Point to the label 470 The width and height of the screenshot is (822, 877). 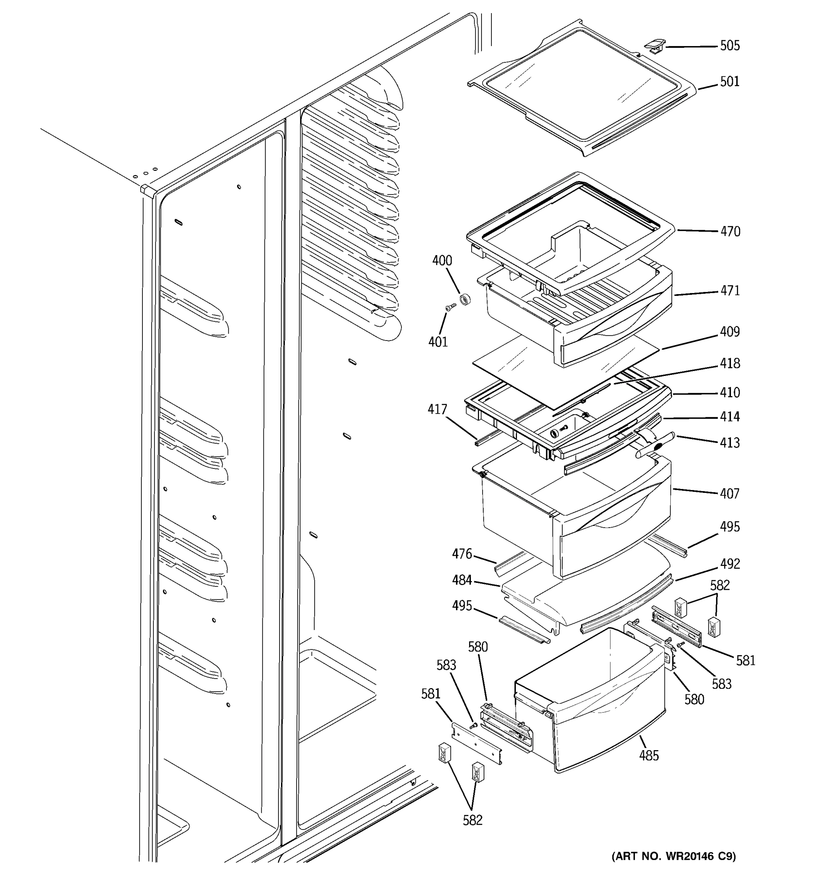click(x=730, y=231)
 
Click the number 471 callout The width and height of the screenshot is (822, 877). click(x=730, y=291)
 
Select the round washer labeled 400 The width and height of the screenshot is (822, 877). click(x=465, y=300)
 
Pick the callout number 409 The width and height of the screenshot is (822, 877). click(x=730, y=332)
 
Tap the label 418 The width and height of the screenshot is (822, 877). click(x=730, y=364)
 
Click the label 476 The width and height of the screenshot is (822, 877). click(x=462, y=554)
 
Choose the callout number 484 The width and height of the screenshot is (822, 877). click(x=462, y=580)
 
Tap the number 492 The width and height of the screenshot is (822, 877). click(x=730, y=564)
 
